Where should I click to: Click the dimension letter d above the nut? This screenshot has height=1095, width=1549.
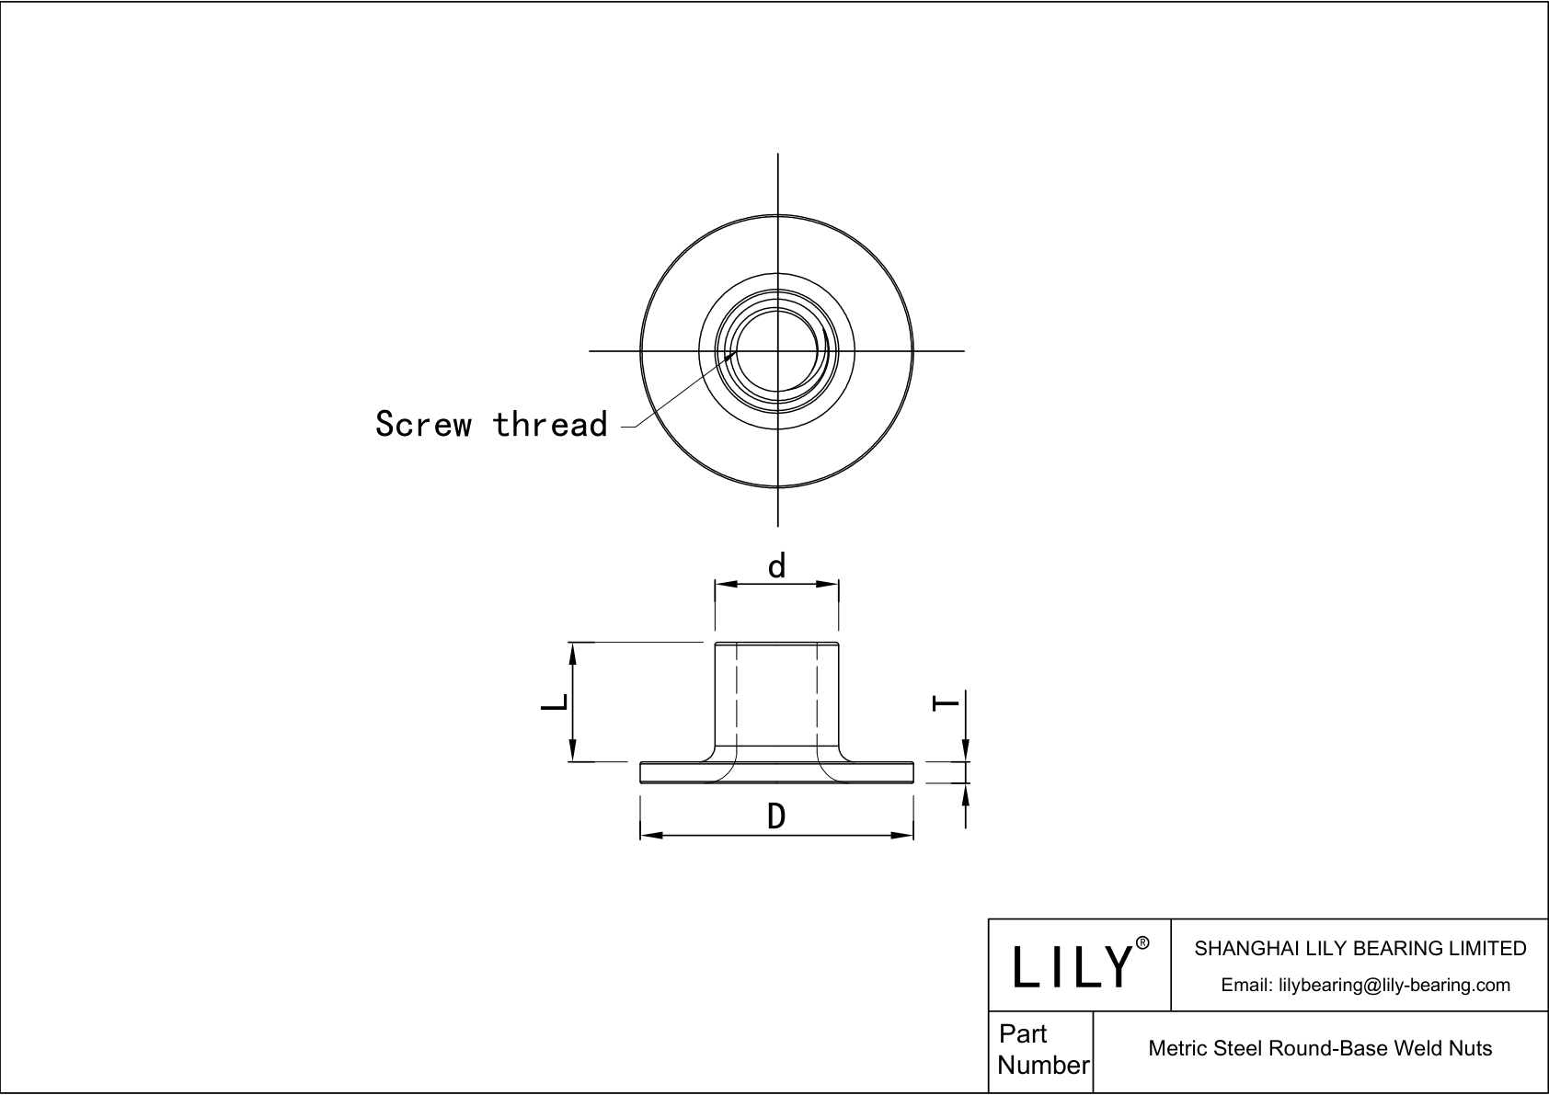pyautogui.click(x=777, y=566)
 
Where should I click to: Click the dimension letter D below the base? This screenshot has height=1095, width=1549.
pyautogui.click(x=776, y=816)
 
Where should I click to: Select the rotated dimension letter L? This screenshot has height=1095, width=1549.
pyautogui.click(x=554, y=702)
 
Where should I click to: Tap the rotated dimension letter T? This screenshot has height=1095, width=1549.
pyautogui.click(x=946, y=704)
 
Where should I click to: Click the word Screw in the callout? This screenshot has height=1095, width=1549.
pyautogui.click(x=423, y=425)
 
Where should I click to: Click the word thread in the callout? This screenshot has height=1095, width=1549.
pyautogui.click(x=550, y=425)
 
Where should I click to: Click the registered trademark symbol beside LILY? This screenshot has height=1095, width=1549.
pyautogui.click(x=1142, y=943)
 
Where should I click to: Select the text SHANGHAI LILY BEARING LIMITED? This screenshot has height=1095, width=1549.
pyautogui.click(x=1360, y=948)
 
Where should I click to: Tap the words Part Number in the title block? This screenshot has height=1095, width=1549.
pyautogui.click(x=1042, y=1049)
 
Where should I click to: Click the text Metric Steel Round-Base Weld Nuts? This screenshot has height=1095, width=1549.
pyautogui.click(x=1320, y=1048)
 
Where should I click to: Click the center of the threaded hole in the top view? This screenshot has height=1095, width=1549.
pyautogui.click(x=778, y=350)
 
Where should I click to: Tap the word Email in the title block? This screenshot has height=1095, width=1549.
pyautogui.click(x=1245, y=985)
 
